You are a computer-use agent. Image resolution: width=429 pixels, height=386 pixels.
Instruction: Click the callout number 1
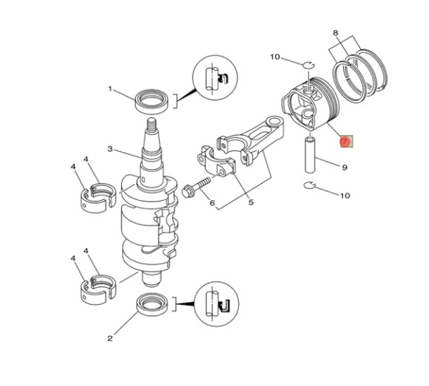[110, 89]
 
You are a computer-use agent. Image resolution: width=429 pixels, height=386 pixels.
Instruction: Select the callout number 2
[109, 339]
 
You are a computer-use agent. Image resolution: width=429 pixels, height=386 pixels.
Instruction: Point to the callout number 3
[109, 148]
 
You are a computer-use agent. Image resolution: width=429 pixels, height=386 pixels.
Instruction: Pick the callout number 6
[212, 203]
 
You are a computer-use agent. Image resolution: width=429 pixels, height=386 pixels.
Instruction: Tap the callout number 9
[345, 168]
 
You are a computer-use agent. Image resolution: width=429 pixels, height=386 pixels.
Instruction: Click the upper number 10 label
[275, 57]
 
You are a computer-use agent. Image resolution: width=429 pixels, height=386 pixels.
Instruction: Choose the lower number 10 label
[345, 196]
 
